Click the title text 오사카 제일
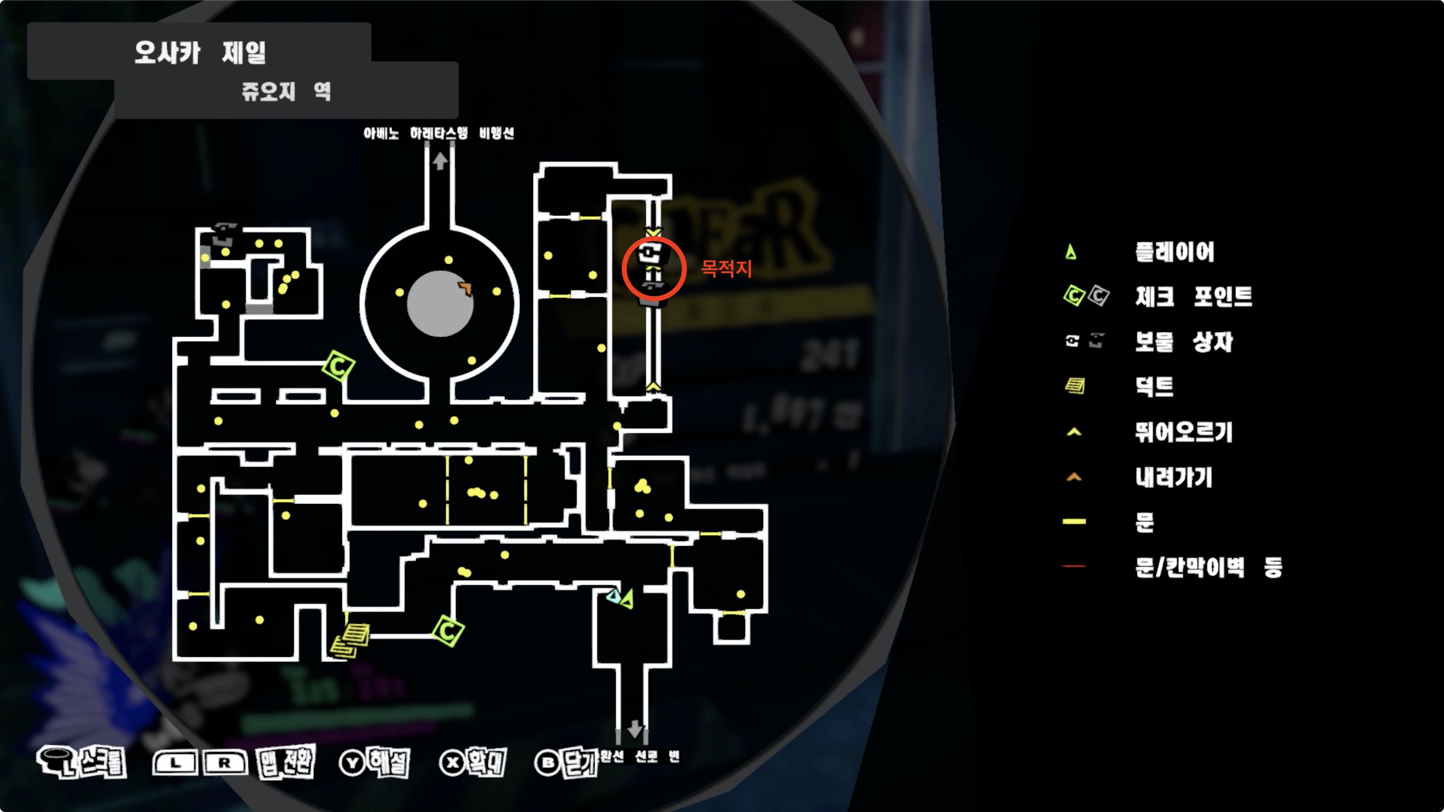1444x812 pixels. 200,53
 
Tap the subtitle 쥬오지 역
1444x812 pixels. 286,91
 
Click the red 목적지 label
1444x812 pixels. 726,269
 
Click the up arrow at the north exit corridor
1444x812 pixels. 440,161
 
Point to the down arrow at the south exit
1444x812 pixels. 635,728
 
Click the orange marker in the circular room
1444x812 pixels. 465,288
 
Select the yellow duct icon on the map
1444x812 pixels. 351,640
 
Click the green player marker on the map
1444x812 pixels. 627,598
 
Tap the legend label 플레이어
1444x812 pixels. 1174,252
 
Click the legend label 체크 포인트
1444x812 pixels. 1193,296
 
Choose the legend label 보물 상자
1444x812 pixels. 1184,341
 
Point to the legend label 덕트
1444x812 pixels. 1154,386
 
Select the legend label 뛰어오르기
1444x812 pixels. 1183,432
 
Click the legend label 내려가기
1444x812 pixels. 1173,478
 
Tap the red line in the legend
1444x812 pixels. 1073,566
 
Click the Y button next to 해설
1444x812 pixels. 352,763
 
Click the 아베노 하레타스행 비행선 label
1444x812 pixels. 438,133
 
